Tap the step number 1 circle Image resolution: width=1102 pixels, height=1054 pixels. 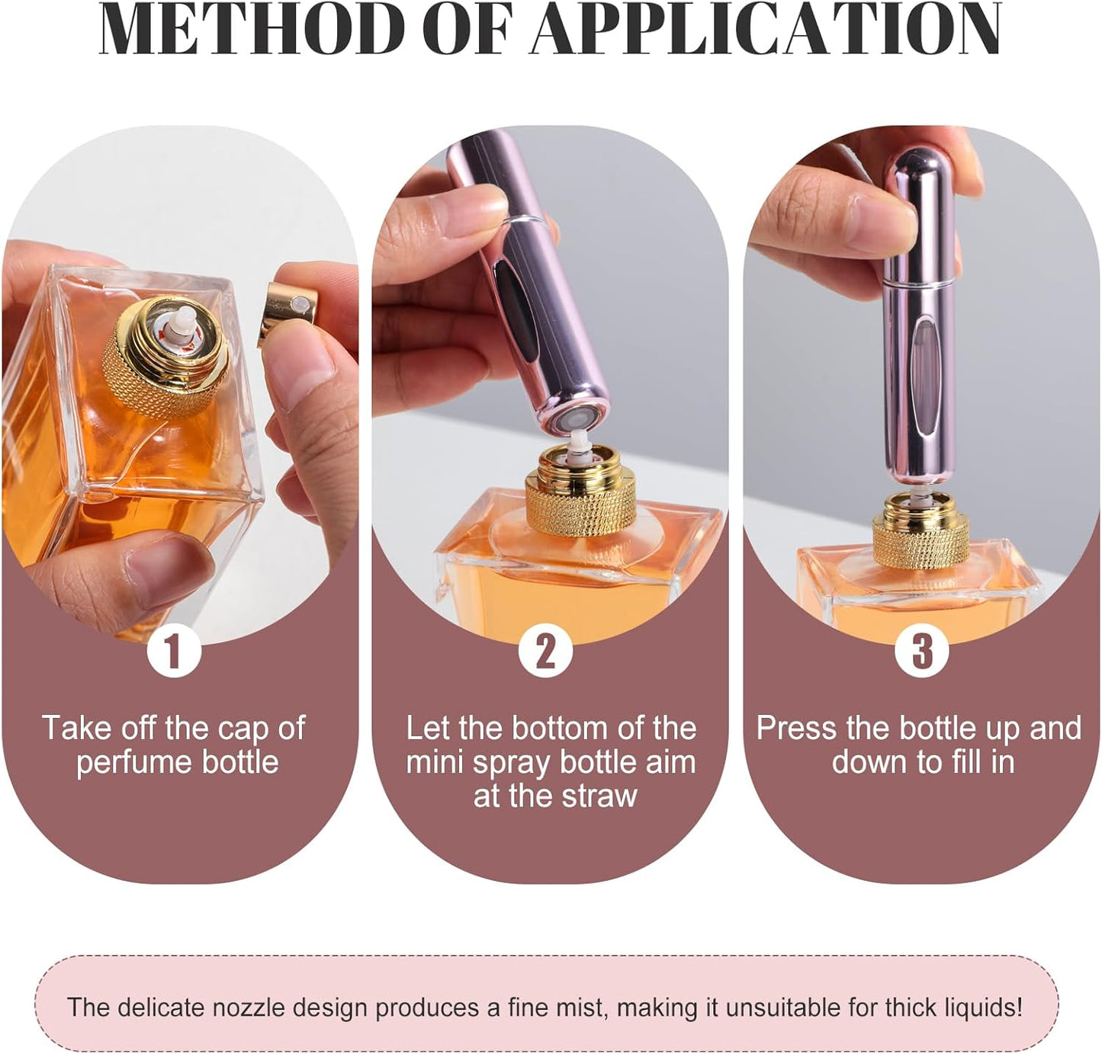tap(174, 652)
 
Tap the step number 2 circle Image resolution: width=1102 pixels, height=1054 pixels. tap(545, 652)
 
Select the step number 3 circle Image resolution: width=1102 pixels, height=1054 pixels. tap(922, 652)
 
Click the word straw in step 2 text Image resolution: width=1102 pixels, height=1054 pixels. tap(599, 796)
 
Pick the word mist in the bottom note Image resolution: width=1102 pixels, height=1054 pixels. tap(580, 1008)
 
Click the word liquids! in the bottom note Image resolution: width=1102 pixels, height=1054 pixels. tap(983, 1008)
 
